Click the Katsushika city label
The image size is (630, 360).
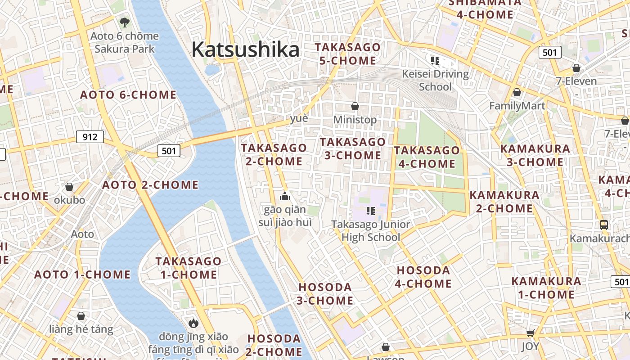point(245,49)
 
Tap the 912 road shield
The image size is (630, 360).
point(90,137)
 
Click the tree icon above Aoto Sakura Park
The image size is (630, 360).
point(125,22)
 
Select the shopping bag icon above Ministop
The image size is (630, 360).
point(355,106)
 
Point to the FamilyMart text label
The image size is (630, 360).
point(517,106)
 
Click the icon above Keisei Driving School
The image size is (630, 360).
point(435,60)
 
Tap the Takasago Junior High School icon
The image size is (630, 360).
point(371,211)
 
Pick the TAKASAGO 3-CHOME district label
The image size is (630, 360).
point(352,148)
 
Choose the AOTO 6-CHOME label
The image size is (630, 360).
point(128,95)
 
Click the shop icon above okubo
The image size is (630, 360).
point(69,186)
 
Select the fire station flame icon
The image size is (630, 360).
point(193,323)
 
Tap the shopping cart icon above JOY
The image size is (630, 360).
point(530,333)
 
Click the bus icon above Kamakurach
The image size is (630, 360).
point(604,225)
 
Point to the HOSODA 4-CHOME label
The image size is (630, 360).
point(423,277)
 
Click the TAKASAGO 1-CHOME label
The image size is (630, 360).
point(188,268)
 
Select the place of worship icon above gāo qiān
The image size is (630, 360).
point(284,196)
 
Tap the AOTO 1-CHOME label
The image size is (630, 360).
point(82,274)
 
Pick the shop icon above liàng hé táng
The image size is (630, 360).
point(81,316)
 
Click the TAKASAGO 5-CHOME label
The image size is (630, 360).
point(347,54)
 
